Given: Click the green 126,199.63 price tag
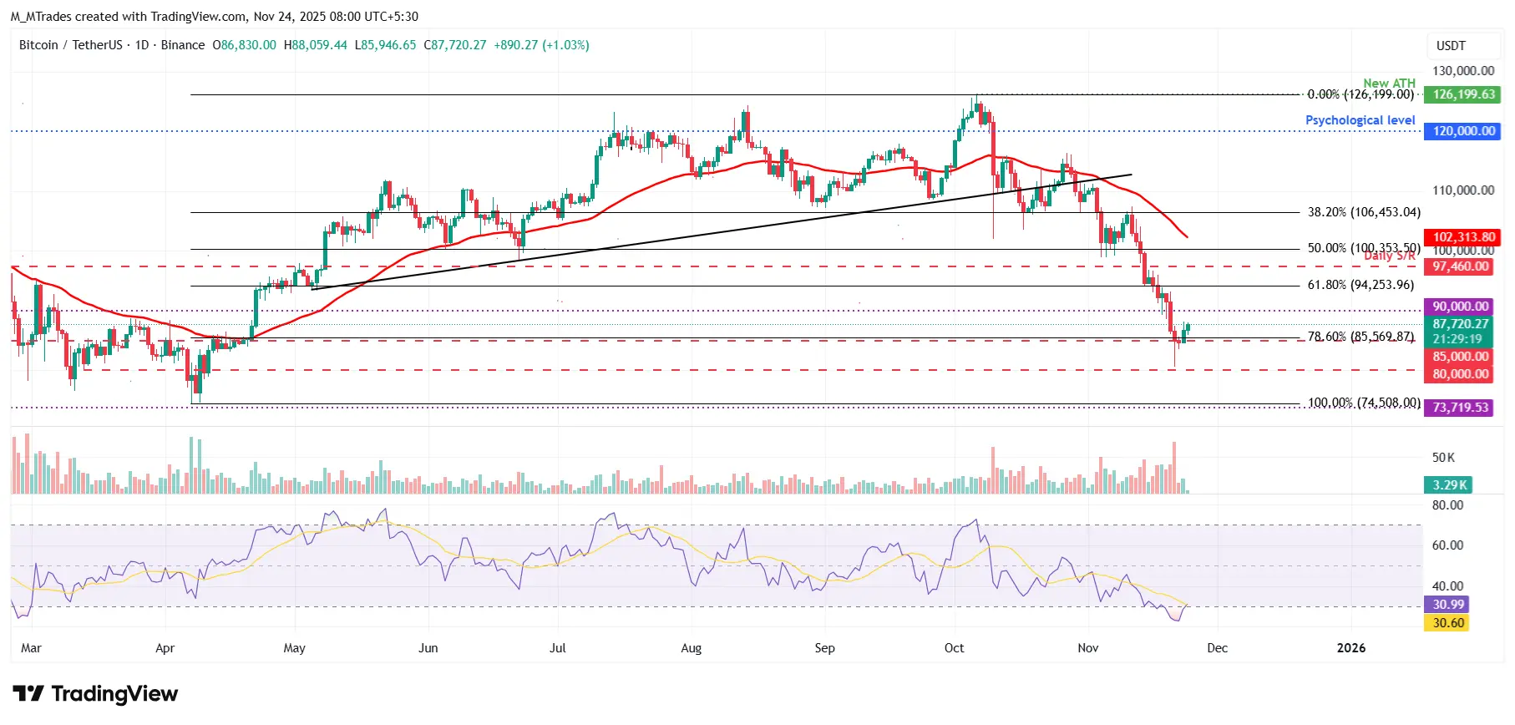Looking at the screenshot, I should point(1463,94).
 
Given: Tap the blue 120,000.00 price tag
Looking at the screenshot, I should point(1463,131).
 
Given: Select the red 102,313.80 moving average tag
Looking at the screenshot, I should point(1463,237).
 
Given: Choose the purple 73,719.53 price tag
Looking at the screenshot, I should point(1460,408).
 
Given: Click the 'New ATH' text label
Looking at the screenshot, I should point(1389,83).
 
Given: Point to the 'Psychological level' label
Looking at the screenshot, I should point(1360,120).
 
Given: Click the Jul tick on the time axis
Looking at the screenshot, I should point(557,648).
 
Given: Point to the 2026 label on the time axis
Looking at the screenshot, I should point(1350,648).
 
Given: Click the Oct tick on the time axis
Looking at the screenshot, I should point(954,648).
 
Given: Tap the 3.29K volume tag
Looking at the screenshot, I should point(1449,484).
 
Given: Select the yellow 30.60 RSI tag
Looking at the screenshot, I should point(1448,623).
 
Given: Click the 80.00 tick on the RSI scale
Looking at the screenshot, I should point(1447,505).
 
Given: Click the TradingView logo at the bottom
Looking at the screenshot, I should point(95,694).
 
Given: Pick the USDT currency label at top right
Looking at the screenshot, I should point(1451,46).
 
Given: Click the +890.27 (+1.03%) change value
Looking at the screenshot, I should point(541,45).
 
